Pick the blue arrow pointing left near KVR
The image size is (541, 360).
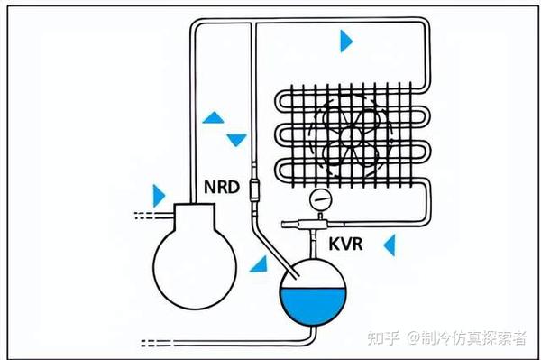[390, 244]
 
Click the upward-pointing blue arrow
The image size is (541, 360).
[214, 117]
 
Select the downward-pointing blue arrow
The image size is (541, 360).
[236, 140]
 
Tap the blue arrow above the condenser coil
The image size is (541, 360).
[346, 40]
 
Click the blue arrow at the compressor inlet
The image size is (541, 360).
[160, 194]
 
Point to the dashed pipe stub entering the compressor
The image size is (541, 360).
[144, 216]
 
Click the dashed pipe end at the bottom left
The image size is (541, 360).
[154, 343]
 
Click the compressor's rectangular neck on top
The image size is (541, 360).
[194, 217]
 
